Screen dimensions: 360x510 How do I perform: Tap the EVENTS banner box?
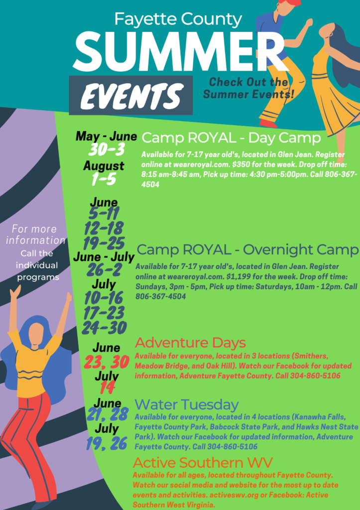pyautogui.click(x=131, y=95)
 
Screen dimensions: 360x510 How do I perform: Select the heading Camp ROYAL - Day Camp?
pyautogui.click(x=231, y=138)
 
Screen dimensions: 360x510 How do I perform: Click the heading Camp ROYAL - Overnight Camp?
pyautogui.click(x=247, y=250)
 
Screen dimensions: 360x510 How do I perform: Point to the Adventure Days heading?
pyautogui.click(x=190, y=343)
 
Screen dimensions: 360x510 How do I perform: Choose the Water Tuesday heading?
pyautogui.click(x=187, y=404)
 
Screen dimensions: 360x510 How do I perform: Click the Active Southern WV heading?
pyautogui.click(x=203, y=463)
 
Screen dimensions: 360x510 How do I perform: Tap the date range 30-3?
pyautogui.click(x=107, y=149)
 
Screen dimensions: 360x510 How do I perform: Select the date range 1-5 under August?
pyautogui.click(x=104, y=179)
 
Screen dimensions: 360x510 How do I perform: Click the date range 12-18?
pyautogui.click(x=104, y=228)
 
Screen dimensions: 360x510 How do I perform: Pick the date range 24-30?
pyautogui.click(x=104, y=328)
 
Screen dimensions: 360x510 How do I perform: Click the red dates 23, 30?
pyautogui.click(x=107, y=362)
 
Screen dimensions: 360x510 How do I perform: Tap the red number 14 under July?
pyautogui.click(x=106, y=387)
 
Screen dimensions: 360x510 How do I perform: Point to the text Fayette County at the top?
pyautogui.click(x=178, y=19)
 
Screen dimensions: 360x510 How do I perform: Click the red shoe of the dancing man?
pyautogui.click(x=268, y=124)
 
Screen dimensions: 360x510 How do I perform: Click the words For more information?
pyautogui.click(x=35, y=235)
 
